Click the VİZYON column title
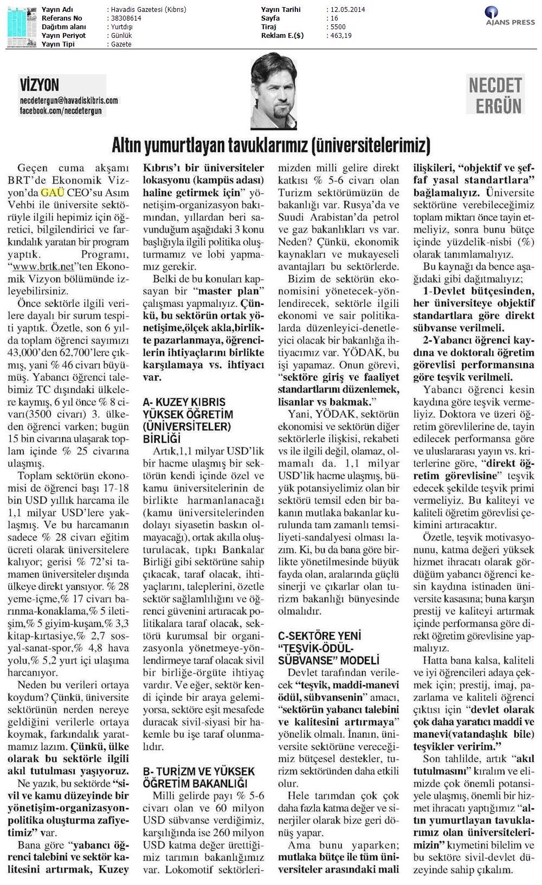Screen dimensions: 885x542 click(x=39, y=84)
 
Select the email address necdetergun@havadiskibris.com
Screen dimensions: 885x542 click(x=68, y=101)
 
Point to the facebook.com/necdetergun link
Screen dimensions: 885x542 click(x=60, y=110)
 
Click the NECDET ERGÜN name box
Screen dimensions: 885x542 click(x=495, y=95)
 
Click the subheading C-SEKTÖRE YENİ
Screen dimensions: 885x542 click(x=319, y=636)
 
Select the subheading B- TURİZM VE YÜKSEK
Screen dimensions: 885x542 click(x=198, y=771)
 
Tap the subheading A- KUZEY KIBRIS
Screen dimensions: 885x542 click(x=184, y=402)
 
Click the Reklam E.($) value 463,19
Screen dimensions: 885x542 click(x=341, y=36)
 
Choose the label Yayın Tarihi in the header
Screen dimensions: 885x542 click(x=281, y=10)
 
